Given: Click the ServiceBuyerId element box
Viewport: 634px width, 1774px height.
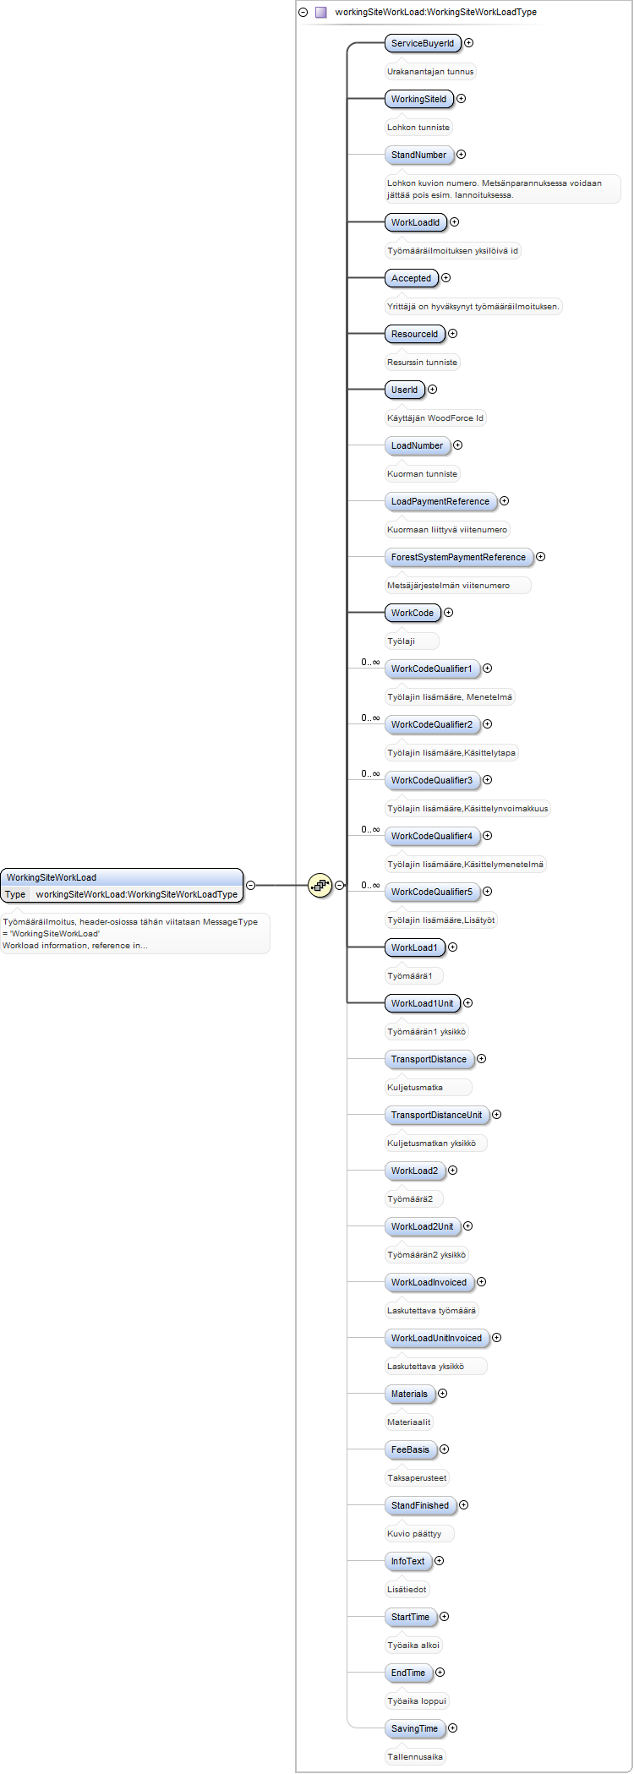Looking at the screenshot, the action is click(x=423, y=43).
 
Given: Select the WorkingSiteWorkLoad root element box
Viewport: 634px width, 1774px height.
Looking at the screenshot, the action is click(x=122, y=885).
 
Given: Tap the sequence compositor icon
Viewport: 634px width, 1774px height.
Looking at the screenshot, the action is click(x=320, y=886).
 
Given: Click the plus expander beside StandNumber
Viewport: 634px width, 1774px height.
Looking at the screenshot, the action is click(x=461, y=155).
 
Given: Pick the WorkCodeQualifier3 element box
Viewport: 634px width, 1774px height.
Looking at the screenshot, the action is click(x=432, y=780).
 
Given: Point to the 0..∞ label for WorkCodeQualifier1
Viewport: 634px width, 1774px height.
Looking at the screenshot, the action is click(x=370, y=663).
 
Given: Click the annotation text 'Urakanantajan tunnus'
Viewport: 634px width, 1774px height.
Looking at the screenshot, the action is click(x=430, y=72).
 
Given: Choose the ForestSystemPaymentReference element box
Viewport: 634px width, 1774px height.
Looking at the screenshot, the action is click(x=458, y=557).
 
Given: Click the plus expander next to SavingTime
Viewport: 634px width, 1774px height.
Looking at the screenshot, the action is click(x=452, y=1728).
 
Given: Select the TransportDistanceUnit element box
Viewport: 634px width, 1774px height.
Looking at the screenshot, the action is click(x=436, y=1115).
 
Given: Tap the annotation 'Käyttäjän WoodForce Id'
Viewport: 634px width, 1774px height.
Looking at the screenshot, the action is click(x=435, y=418).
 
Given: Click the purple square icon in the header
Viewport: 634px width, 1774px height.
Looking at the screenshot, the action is click(x=320, y=13).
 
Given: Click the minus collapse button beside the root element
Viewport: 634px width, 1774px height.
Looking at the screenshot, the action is click(x=250, y=885).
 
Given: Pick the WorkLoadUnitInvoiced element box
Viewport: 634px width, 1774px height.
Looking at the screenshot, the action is click(x=436, y=1338).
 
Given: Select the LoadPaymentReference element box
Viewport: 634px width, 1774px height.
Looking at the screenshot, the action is click(x=440, y=501).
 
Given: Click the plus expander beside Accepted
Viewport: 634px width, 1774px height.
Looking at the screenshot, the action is click(x=445, y=278).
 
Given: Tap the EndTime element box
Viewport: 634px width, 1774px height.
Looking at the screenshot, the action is click(x=408, y=1673).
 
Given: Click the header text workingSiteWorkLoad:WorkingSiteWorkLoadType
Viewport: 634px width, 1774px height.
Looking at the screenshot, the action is click(x=435, y=13).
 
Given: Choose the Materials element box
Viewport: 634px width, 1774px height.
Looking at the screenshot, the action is click(x=409, y=1394).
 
